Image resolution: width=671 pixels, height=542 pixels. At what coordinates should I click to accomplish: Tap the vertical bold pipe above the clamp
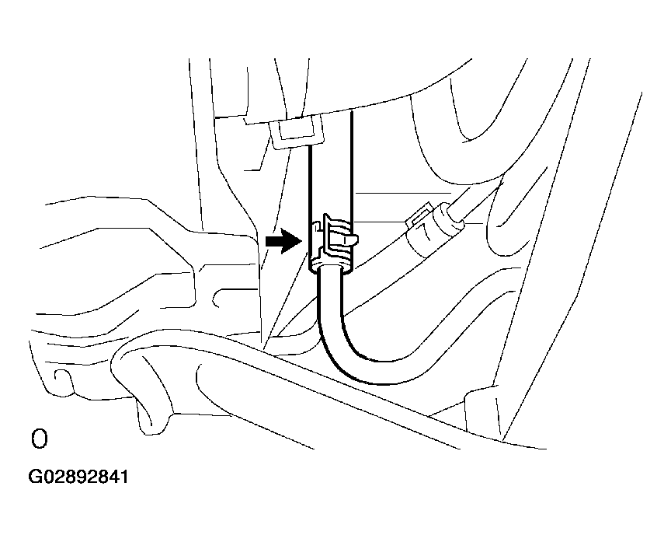point(331,171)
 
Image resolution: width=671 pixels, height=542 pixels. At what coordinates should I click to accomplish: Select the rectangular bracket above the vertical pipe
point(297,132)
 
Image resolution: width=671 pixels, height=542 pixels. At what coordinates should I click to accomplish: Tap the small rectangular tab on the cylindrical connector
point(418,214)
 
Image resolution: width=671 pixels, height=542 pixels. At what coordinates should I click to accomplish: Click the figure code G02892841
point(78,477)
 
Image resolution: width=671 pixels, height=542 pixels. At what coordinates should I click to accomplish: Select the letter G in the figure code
point(35,477)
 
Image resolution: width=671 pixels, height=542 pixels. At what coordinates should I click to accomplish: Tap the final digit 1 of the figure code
point(123,477)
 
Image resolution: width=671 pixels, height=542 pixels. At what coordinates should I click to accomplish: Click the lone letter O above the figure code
point(39,439)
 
